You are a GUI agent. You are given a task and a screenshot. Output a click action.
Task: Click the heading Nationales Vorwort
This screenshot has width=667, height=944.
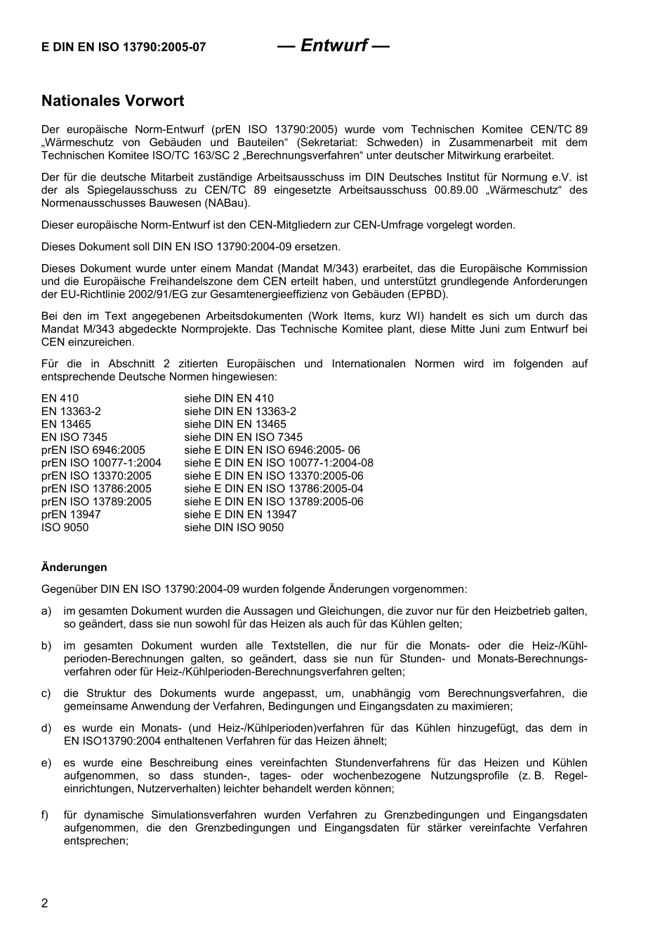(x=112, y=100)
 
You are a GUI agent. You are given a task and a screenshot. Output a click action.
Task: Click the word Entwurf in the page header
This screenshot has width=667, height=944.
(x=333, y=46)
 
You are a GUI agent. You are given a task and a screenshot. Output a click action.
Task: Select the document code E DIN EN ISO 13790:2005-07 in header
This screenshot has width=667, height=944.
(x=124, y=47)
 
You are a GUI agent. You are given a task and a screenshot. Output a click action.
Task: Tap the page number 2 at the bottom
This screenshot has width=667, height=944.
(x=45, y=903)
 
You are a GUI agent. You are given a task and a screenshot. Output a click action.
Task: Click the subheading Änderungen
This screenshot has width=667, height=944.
(x=74, y=567)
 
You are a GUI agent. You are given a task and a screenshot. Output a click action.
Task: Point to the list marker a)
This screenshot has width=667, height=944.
(x=46, y=611)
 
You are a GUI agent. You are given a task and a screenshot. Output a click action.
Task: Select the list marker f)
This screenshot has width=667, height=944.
(x=46, y=815)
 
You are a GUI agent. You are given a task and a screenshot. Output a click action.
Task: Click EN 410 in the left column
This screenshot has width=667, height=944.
(x=60, y=398)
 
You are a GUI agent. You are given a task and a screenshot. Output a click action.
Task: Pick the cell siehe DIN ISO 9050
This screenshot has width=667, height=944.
(x=234, y=527)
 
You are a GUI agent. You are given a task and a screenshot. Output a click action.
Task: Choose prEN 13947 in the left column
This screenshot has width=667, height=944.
(x=71, y=514)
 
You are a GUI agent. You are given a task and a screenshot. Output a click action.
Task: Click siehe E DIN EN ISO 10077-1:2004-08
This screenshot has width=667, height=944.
(x=279, y=463)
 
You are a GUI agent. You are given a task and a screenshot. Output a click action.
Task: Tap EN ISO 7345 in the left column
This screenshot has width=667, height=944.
(x=74, y=437)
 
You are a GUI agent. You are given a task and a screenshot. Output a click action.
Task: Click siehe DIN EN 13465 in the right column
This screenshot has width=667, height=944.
(x=235, y=424)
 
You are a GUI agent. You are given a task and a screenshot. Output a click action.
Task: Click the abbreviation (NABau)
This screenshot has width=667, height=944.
(x=227, y=203)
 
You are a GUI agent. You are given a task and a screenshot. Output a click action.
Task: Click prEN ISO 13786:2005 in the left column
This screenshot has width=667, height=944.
(x=96, y=489)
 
